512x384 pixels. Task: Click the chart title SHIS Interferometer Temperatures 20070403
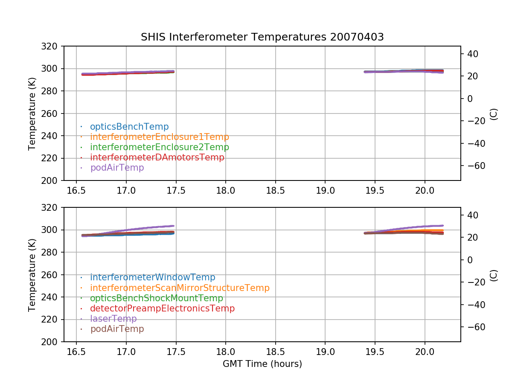pyautogui.click(x=262, y=37)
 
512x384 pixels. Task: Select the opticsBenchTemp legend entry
pyautogui.click(x=129, y=127)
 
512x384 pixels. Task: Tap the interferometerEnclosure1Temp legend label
pyautogui.click(x=160, y=137)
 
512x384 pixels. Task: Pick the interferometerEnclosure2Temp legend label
pyautogui.click(x=160, y=147)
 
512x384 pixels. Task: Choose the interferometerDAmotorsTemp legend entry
pyautogui.click(x=157, y=157)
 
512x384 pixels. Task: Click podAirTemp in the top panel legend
pyautogui.click(x=117, y=168)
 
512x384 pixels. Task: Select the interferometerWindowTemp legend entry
pyautogui.click(x=153, y=277)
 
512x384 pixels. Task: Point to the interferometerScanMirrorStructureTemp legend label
pyautogui.click(x=180, y=288)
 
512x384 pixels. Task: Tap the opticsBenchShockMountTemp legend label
pyautogui.click(x=157, y=298)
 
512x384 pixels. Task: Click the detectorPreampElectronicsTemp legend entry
pyautogui.click(x=163, y=308)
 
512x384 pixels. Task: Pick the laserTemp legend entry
pyautogui.click(x=113, y=318)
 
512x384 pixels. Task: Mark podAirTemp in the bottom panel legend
pyautogui.click(x=117, y=329)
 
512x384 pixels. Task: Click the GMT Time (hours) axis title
pyautogui.click(x=262, y=364)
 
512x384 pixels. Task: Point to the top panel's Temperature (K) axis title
pyautogui.click(x=32, y=114)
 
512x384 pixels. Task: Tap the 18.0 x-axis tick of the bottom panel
pyautogui.click(x=226, y=352)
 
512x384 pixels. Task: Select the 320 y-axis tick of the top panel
pyautogui.click(x=49, y=46)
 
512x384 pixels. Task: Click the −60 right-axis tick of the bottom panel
pyautogui.click(x=476, y=327)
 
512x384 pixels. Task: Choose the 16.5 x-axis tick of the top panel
pyautogui.click(x=76, y=190)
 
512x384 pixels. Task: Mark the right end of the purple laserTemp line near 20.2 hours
pyautogui.click(x=443, y=225)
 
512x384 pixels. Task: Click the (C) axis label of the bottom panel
pyautogui.click(x=494, y=275)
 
